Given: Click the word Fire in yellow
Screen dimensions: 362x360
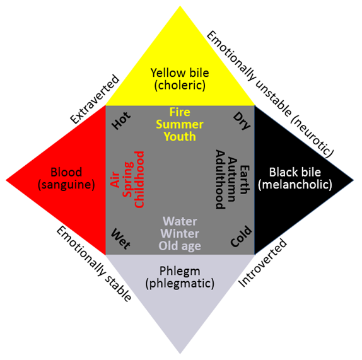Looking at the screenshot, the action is coord(180,112).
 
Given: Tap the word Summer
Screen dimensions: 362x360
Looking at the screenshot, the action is coord(180,124).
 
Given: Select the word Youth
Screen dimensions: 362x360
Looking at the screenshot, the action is coord(180,136).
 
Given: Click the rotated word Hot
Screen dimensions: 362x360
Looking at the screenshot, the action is coord(121,120).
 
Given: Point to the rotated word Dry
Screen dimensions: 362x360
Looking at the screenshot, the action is coord(242,121).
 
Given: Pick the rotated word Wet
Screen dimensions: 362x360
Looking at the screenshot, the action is coord(120,239).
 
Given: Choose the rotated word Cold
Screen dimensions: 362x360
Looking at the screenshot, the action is coord(241,236).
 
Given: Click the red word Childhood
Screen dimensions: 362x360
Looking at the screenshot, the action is coord(139,180).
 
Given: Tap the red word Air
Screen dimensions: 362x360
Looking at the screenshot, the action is coord(115,180).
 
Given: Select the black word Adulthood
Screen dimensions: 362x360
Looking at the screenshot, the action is coord(220,180).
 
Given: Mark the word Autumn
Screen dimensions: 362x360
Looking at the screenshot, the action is coord(232,180).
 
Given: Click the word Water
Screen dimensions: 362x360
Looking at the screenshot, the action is coord(180,221).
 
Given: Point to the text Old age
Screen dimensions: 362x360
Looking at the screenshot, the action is coord(180,246).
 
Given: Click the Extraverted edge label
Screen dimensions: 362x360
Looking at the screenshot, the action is coord(95,99).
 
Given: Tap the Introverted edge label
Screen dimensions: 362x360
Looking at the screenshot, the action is coord(262,263).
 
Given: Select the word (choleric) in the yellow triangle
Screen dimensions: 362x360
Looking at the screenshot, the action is coord(180,85).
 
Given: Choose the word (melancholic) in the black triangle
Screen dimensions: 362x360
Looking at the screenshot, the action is coord(295,185).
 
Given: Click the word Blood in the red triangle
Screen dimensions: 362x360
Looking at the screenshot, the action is coord(66,172).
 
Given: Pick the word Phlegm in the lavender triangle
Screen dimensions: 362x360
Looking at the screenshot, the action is coord(180,271).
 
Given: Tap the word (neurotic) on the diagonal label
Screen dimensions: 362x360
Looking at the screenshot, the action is coord(312,137).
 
